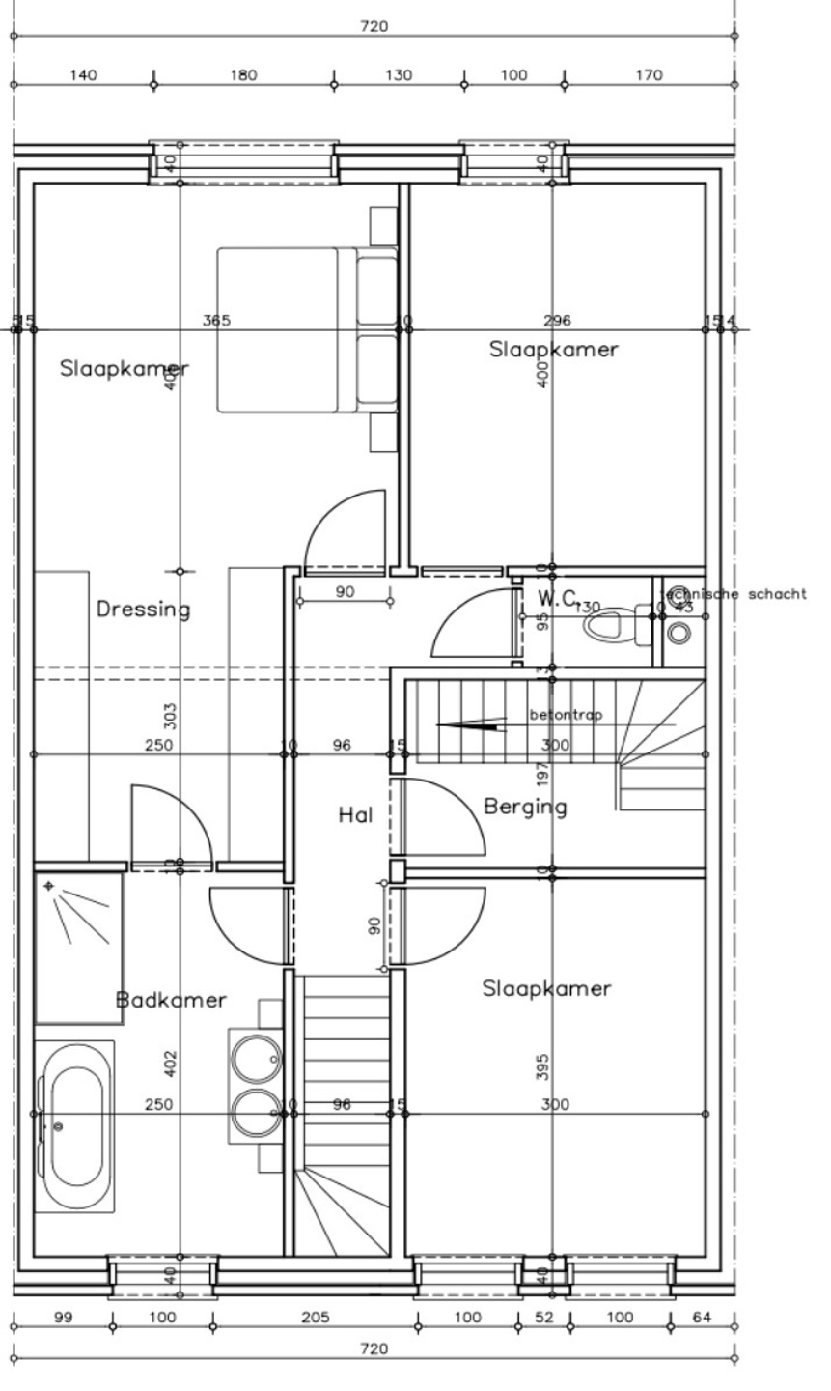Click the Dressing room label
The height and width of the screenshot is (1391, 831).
[144, 610]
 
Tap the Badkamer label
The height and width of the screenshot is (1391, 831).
[171, 1000]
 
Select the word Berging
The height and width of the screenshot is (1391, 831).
[524, 807]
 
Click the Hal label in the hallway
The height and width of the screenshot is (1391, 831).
[355, 815]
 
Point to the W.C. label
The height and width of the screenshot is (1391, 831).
[558, 598]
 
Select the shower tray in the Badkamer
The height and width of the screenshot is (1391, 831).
[79, 948]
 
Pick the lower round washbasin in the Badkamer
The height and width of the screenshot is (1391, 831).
[255, 1113]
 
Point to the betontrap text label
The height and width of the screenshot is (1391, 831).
[566, 716]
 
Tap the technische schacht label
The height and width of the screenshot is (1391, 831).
[734, 594]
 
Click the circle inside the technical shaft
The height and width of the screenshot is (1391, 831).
[679, 633]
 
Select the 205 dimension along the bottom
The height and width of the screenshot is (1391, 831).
[315, 1318]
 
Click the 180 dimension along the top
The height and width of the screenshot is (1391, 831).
[244, 75]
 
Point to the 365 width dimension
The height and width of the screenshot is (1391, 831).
[216, 321]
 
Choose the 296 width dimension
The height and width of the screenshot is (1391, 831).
[557, 321]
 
